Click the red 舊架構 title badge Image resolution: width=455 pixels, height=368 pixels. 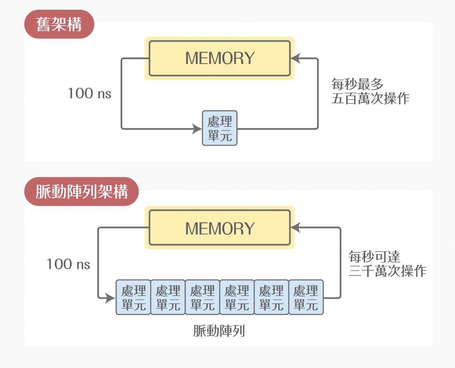[59, 24]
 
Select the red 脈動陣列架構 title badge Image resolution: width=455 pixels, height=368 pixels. [82, 192]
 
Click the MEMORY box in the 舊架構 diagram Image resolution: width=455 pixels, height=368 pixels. [220, 58]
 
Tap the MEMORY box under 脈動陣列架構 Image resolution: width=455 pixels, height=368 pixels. [220, 228]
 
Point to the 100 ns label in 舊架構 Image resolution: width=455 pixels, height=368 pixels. [89, 94]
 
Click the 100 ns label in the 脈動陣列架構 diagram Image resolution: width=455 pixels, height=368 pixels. [68, 264]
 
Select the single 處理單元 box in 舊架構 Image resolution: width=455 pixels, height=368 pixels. [220, 128]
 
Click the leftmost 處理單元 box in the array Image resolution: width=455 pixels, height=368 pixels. [134, 297]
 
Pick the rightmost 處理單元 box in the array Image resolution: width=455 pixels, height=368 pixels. [306, 297]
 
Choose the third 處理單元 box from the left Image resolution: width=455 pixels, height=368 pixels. [202, 297]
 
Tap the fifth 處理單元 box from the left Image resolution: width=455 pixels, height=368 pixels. [271, 297]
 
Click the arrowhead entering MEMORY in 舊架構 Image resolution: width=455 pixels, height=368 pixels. [295, 58]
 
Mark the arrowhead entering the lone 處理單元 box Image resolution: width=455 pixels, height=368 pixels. [197, 129]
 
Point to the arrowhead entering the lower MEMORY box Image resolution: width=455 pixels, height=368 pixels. [295, 228]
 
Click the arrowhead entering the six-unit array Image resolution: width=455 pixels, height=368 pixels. [111, 298]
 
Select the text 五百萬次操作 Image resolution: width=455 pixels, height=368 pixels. [370, 99]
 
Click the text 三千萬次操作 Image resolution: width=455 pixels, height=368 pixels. [387, 271]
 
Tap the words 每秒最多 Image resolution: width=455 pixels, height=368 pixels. [357, 84]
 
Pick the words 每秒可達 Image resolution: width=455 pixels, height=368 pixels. [375, 256]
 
